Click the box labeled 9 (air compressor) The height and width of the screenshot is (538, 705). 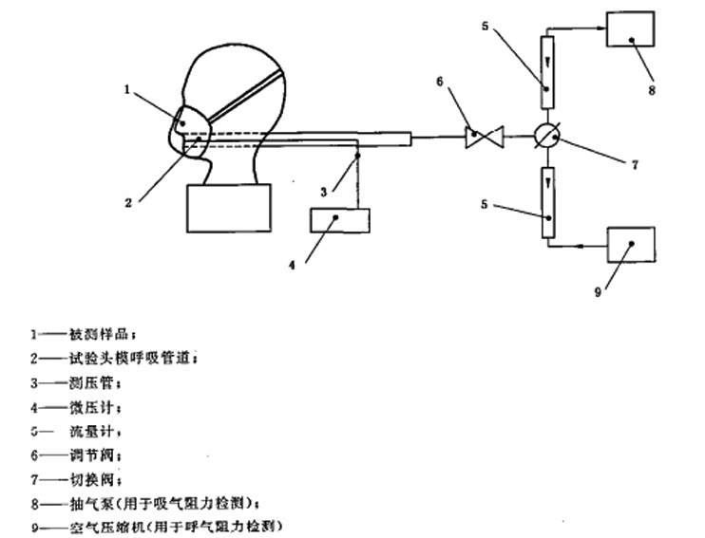(630, 245)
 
